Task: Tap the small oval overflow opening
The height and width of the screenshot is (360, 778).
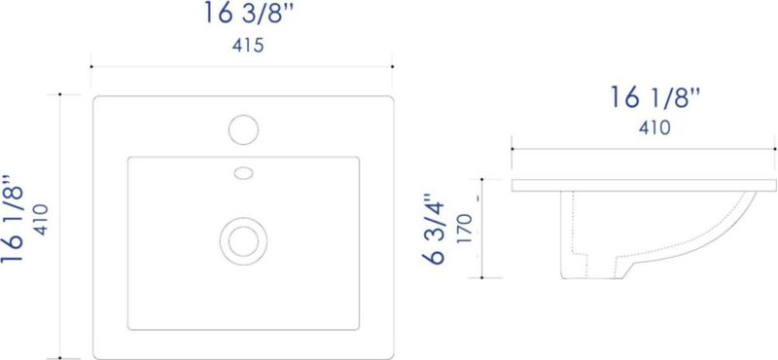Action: coord(243,173)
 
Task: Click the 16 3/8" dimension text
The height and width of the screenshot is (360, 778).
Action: coord(249,14)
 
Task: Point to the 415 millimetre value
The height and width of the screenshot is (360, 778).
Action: coord(248,46)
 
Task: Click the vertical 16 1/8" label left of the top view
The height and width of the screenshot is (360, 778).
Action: coord(13,219)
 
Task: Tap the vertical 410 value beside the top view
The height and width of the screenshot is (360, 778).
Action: coord(41,220)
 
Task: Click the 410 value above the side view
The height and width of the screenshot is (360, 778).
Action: coord(654,128)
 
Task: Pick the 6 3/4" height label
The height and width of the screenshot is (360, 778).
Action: coord(434,228)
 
